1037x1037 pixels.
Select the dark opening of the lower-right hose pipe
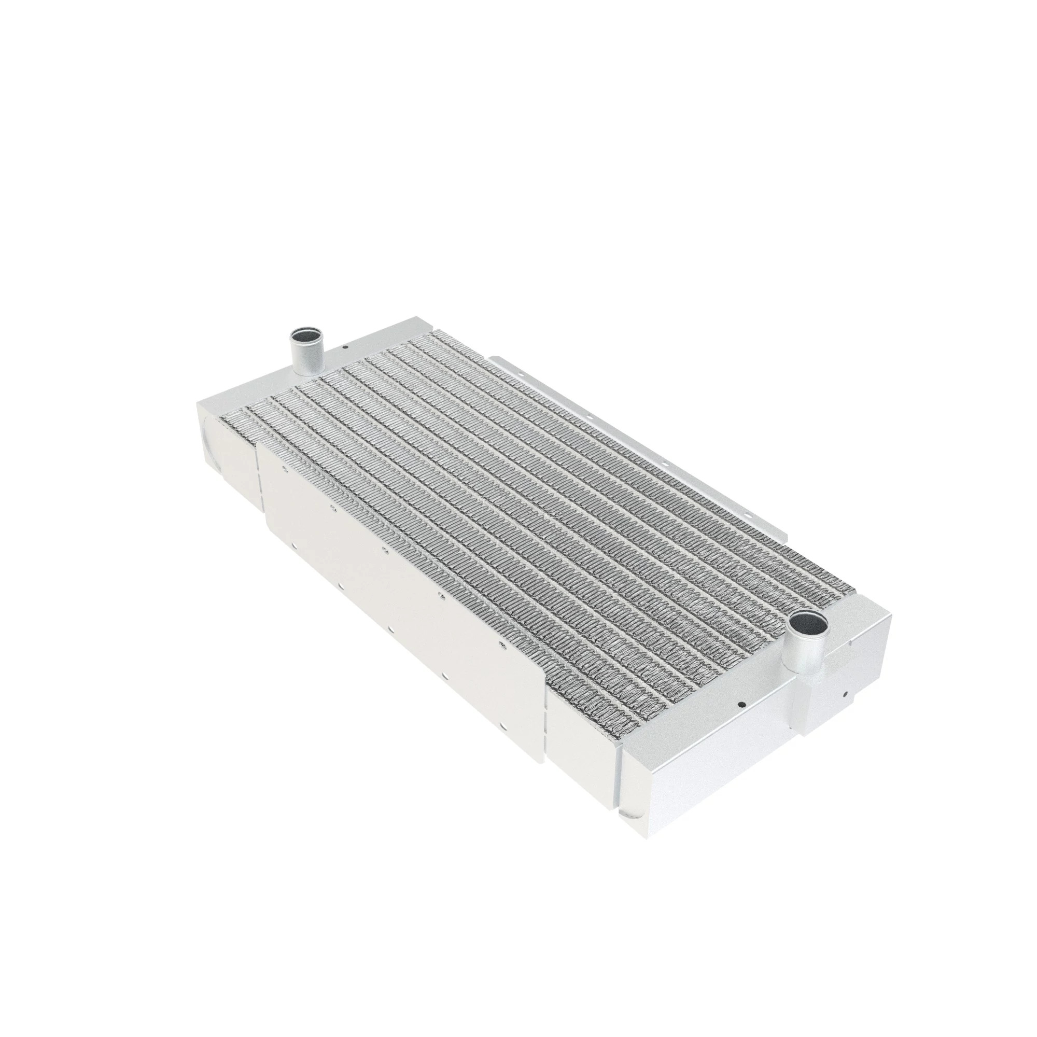click(x=808, y=623)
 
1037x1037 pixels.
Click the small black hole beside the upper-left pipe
click(x=346, y=347)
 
